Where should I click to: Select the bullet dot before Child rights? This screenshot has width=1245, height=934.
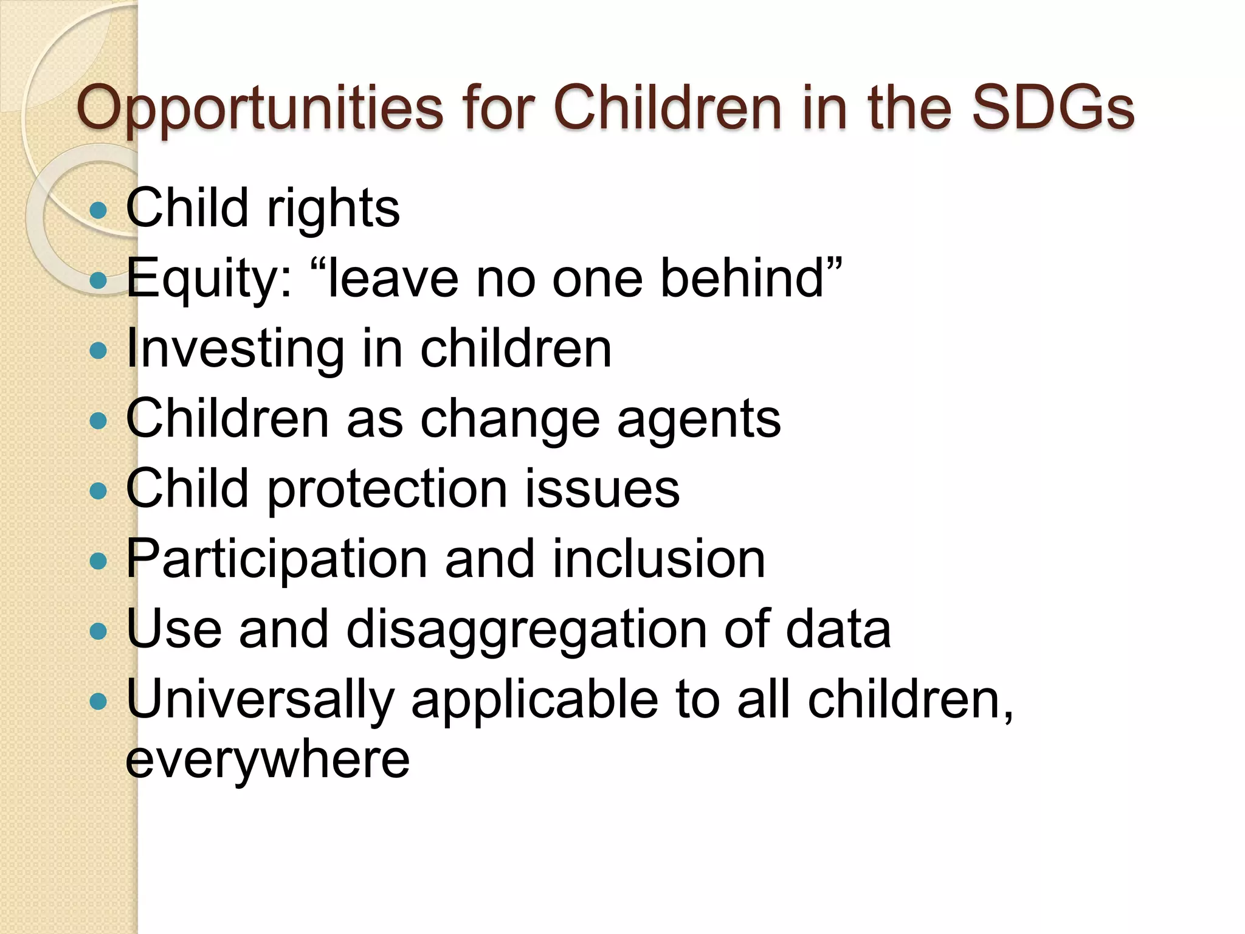click(x=98, y=210)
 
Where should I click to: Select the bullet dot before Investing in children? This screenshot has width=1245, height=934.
click(x=98, y=350)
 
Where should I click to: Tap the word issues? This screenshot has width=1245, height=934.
click(x=602, y=490)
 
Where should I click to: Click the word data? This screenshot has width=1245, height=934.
click(x=838, y=629)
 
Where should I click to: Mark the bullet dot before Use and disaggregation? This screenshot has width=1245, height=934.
click(x=98, y=631)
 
